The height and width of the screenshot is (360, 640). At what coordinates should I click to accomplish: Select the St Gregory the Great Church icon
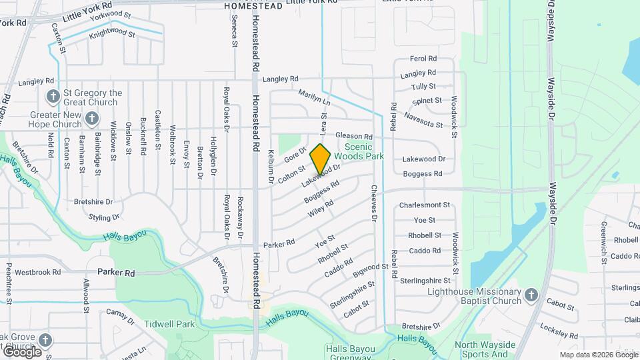click(53, 96)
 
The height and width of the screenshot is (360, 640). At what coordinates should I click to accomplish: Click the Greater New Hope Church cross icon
click(93, 119)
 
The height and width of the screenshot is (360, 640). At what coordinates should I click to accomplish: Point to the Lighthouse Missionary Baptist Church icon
click(531, 295)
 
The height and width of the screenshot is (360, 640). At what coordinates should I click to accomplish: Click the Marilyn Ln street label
click(314, 97)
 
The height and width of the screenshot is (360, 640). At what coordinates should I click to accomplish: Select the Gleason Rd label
click(353, 135)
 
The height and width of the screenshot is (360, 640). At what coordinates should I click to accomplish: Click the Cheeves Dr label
click(374, 203)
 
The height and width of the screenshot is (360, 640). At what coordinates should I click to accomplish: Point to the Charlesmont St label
click(425, 206)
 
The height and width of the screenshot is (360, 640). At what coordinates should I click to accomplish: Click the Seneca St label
click(235, 31)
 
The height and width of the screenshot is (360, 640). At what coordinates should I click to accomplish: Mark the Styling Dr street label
click(105, 217)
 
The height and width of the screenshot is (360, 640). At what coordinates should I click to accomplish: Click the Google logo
click(22, 351)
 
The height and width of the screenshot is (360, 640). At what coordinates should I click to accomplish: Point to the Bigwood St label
click(370, 268)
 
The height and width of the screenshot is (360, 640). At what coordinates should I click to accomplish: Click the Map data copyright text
click(597, 355)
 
